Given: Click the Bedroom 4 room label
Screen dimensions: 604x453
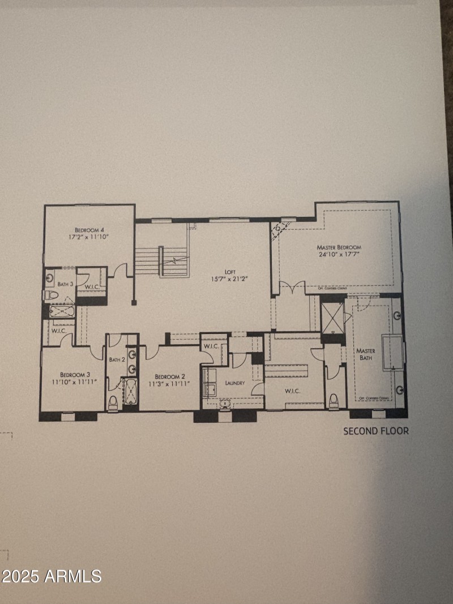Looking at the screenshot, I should point(89,229).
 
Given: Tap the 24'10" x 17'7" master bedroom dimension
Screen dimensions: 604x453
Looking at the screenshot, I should point(339,254).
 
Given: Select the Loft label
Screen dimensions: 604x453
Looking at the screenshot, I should point(230,272).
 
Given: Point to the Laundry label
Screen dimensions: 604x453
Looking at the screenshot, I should point(234,383).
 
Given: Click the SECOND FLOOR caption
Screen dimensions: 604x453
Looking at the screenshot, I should point(375,431).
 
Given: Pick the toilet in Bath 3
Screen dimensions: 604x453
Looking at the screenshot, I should point(50,295).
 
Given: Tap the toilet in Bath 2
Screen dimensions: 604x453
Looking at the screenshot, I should point(113,402).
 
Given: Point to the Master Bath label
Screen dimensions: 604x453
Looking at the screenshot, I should point(365,354).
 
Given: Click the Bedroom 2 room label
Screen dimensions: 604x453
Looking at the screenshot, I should point(170,376).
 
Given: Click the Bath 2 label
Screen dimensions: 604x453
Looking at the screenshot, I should point(117,359).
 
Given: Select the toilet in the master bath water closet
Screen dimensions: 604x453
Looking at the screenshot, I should point(333,400).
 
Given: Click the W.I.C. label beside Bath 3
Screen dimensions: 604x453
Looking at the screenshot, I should point(93,287).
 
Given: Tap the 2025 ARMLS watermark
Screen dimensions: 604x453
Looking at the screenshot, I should point(51,576).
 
